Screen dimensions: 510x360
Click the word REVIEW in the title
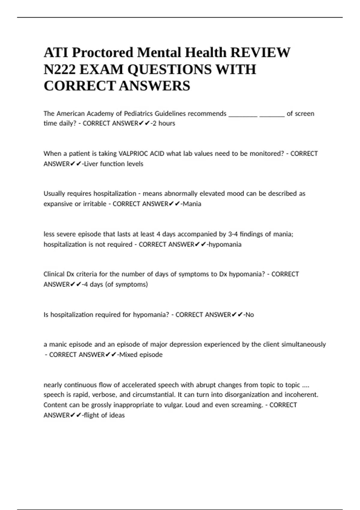(x=260, y=53)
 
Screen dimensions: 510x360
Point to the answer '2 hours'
(x=164, y=123)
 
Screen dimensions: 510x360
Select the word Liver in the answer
(x=91, y=164)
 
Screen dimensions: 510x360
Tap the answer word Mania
(x=192, y=204)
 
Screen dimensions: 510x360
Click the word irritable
(x=94, y=204)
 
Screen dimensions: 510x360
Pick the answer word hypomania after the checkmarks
(x=225, y=244)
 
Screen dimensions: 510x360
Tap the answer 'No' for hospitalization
(x=250, y=315)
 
